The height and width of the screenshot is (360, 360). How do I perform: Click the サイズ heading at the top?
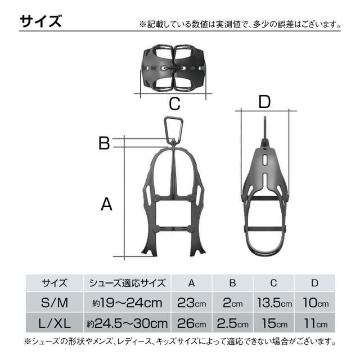(40, 21)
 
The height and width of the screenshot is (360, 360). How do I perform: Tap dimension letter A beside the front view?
(106, 205)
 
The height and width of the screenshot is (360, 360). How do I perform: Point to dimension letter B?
(103, 143)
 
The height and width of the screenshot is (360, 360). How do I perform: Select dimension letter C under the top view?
(174, 103)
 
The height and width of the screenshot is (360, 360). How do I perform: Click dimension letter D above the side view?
(264, 102)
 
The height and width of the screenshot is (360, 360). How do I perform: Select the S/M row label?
(55, 303)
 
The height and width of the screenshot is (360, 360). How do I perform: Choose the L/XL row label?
(55, 323)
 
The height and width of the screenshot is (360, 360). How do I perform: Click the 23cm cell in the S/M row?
(191, 303)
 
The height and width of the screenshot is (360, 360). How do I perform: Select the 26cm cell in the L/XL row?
(191, 323)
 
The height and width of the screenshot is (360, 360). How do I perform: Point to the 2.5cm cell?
(232, 323)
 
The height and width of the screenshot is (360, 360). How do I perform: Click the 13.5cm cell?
(274, 303)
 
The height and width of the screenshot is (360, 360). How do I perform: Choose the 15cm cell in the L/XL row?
(274, 323)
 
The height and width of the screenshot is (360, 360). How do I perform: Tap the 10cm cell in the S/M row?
(314, 303)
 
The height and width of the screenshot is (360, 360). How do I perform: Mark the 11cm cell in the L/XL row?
(314, 323)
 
